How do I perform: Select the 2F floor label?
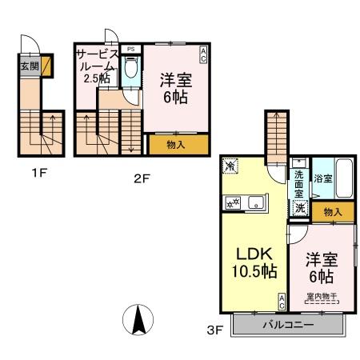(x=142, y=178)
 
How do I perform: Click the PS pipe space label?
(x=130, y=49)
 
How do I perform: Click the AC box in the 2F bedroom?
(x=203, y=54)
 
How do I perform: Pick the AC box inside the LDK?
(x=282, y=302)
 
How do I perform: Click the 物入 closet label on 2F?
(x=176, y=145)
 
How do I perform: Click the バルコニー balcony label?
(x=287, y=326)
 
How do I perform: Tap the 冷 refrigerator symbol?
(x=231, y=166)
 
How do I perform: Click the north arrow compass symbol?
(x=138, y=322)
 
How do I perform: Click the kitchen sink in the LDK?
(x=254, y=201)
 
